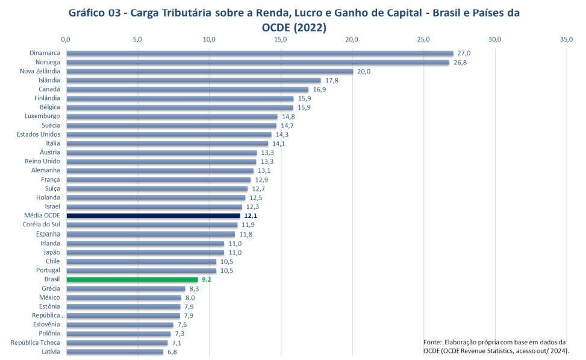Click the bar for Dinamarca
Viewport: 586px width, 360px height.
pyautogui.click(x=259, y=54)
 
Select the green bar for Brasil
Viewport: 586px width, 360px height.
pyautogui.click(x=132, y=279)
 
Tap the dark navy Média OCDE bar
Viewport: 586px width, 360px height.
pyautogui.click(x=153, y=216)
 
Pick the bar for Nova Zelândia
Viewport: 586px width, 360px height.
pyautogui.click(x=209, y=72)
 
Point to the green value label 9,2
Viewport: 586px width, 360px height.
pyautogui.click(x=205, y=279)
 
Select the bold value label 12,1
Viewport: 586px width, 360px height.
pyautogui.click(x=251, y=216)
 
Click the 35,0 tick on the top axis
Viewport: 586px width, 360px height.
pyautogui.click(x=566, y=40)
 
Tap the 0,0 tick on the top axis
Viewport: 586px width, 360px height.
pyautogui.click(x=66, y=40)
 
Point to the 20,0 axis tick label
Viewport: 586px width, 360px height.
pyautogui.click(x=352, y=40)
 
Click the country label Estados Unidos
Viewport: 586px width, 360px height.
pyautogui.click(x=39, y=134)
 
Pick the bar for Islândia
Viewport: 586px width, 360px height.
pyautogui.click(x=193, y=81)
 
